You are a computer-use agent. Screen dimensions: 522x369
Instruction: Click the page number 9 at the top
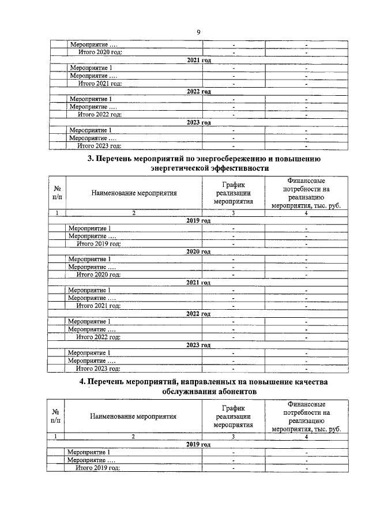[x=198, y=32]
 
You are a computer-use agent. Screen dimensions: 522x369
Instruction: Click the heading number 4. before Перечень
[x=82, y=382]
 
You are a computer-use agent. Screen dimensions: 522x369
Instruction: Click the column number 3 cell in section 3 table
[x=234, y=213]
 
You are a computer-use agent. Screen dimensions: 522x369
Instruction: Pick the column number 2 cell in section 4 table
[x=133, y=437]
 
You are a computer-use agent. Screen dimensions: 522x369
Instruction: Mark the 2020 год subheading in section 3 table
[x=198, y=251]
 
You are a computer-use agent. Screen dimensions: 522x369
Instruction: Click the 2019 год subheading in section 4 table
[x=198, y=445]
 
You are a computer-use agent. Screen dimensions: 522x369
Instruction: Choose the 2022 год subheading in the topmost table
[x=199, y=91]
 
